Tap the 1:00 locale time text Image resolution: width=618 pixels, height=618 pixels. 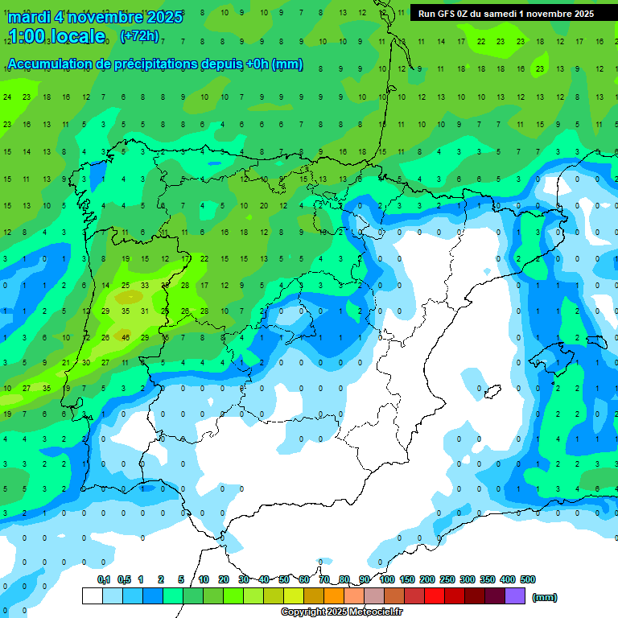[x=56, y=36]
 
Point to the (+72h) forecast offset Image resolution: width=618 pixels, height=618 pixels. [x=139, y=36]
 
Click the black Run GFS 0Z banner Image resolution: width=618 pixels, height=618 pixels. [x=506, y=14]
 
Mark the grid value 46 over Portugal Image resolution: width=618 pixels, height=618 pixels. [x=126, y=337]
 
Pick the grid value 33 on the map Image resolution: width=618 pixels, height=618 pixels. [x=145, y=285]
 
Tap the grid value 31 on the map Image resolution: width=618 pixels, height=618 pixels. [x=145, y=311]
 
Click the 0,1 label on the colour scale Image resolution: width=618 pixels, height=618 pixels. [x=104, y=579]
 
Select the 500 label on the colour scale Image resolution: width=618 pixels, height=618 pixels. [x=528, y=579]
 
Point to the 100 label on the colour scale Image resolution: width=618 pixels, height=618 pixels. [x=387, y=579]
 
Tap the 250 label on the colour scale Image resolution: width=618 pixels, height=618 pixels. [x=447, y=579]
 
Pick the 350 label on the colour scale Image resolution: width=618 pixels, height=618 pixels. [x=488, y=579]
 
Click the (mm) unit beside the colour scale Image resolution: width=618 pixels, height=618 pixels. [x=545, y=597]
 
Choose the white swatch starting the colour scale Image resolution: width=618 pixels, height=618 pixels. [x=92, y=596]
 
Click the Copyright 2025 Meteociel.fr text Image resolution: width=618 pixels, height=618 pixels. [x=342, y=612]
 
